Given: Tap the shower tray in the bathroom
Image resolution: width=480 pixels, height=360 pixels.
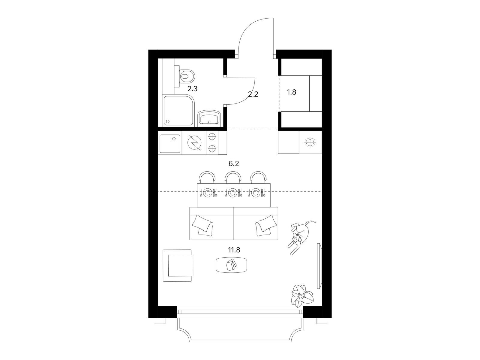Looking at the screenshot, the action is pos(178,110).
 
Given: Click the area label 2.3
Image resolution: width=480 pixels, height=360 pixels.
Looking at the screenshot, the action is pos(192,89).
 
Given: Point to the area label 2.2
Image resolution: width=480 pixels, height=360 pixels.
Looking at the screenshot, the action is pos(253,94).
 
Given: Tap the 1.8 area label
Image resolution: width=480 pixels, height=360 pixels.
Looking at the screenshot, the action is pos(292,92).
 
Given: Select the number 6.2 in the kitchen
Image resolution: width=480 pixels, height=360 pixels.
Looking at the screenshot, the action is pos(233,163).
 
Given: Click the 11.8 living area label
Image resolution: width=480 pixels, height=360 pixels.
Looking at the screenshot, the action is pos(234,250).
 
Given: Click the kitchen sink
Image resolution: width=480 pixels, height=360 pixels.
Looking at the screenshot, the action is pos(170,144).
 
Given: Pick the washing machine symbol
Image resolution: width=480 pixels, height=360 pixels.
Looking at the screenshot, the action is pos(194,143).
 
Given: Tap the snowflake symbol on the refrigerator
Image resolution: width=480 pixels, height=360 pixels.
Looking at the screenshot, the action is pos(310,142).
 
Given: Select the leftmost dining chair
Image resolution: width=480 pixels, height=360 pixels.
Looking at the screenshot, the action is pos(207,178).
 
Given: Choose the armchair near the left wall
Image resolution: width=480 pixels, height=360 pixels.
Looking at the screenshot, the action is pos(178,265).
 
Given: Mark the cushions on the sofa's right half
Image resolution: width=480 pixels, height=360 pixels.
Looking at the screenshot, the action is pos(265,228).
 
